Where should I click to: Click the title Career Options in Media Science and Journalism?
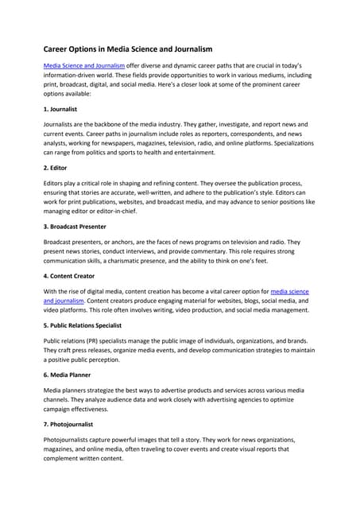(137, 49)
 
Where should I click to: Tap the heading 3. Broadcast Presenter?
(79, 227)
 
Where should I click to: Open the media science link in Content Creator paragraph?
(295, 291)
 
